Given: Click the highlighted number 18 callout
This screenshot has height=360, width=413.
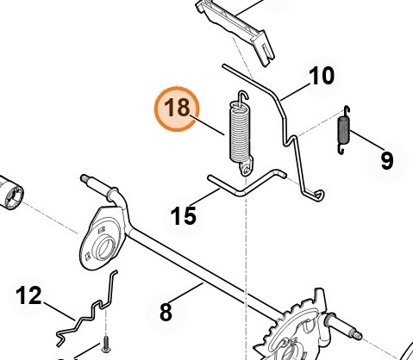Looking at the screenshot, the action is tap(177, 109).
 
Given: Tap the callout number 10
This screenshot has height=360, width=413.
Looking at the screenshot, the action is tap(322, 76).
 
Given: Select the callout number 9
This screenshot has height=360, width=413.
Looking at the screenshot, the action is tap(386, 160).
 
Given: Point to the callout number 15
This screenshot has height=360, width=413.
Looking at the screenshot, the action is tap(184, 215).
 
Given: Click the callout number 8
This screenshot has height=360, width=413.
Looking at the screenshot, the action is tap(166, 312).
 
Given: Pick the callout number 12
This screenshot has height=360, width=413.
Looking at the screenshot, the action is tap(28, 295).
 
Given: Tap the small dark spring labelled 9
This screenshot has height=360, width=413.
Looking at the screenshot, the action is tap(343, 130).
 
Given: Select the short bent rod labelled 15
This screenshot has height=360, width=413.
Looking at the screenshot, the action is tap(247, 184).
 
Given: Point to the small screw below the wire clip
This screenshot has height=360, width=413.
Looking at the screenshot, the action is tap(105, 344).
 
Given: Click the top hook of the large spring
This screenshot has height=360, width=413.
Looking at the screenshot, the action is tap(243, 96).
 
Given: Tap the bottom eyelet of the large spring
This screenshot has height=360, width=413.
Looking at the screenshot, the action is tap(246, 170).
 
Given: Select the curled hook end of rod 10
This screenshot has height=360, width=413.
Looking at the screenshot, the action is tap(318, 196).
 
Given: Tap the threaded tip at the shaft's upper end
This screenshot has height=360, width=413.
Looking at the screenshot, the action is tap(84, 178).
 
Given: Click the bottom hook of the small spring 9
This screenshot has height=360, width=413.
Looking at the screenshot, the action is tap(341, 149).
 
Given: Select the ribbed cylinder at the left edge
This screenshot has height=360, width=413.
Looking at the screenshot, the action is tap(10, 192).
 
